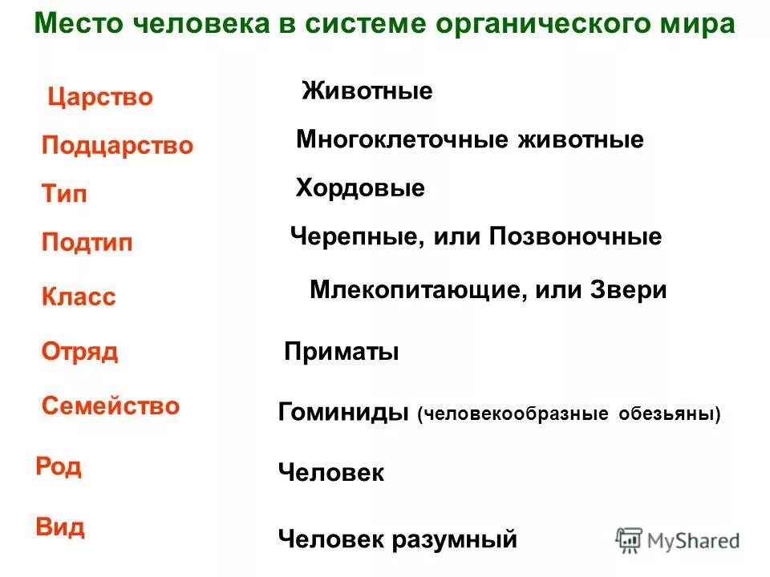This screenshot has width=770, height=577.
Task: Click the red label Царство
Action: [100, 98]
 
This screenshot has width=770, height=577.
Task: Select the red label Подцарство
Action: [117, 146]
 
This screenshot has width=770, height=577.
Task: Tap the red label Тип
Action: [64, 194]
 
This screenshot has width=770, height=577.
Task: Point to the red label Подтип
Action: [87, 243]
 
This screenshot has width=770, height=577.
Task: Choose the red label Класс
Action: [79, 297]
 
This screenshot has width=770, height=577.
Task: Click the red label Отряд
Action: [79, 352]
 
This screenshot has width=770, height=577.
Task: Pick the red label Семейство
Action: [111, 406]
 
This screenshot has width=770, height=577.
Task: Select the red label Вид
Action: [60, 528]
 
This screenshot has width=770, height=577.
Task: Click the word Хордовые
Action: [360, 189]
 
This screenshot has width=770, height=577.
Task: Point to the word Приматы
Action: [342, 352]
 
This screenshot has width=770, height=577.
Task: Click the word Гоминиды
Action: [344, 413]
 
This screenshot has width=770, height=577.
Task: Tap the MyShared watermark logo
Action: [678, 540]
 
